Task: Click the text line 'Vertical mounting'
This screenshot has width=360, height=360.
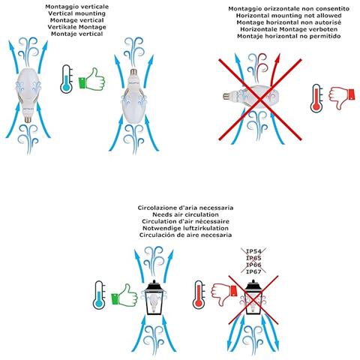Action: [x=77, y=13]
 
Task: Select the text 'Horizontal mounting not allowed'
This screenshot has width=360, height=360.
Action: [x=289, y=16]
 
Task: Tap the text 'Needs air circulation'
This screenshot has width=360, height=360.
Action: [x=185, y=214]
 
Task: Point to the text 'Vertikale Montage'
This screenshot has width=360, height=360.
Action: [x=77, y=27]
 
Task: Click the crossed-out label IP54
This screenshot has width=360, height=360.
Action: [x=253, y=251]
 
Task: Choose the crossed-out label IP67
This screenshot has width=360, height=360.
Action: [x=253, y=271]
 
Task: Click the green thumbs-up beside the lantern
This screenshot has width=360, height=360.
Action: [x=124, y=295]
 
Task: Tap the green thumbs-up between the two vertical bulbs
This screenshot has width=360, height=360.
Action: [x=91, y=79]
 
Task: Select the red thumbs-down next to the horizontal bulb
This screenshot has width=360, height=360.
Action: [x=342, y=97]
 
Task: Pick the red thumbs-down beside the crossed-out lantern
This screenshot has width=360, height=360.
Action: [x=224, y=294]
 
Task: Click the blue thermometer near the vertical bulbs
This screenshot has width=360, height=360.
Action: [x=67, y=79]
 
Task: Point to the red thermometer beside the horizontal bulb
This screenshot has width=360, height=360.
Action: [x=316, y=98]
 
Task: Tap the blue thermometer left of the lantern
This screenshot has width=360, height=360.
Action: [x=99, y=295]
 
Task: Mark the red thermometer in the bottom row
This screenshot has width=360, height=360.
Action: [x=199, y=295]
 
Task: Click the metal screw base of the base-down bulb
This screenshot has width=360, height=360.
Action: [x=28, y=118]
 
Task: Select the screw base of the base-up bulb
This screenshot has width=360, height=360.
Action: [x=134, y=73]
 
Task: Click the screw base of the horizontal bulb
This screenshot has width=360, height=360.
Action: [x=227, y=96]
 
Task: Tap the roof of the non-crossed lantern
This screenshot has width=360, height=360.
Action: [x=154, y=286]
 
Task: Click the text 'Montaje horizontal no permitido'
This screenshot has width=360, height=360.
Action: [x=289, y=36]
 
